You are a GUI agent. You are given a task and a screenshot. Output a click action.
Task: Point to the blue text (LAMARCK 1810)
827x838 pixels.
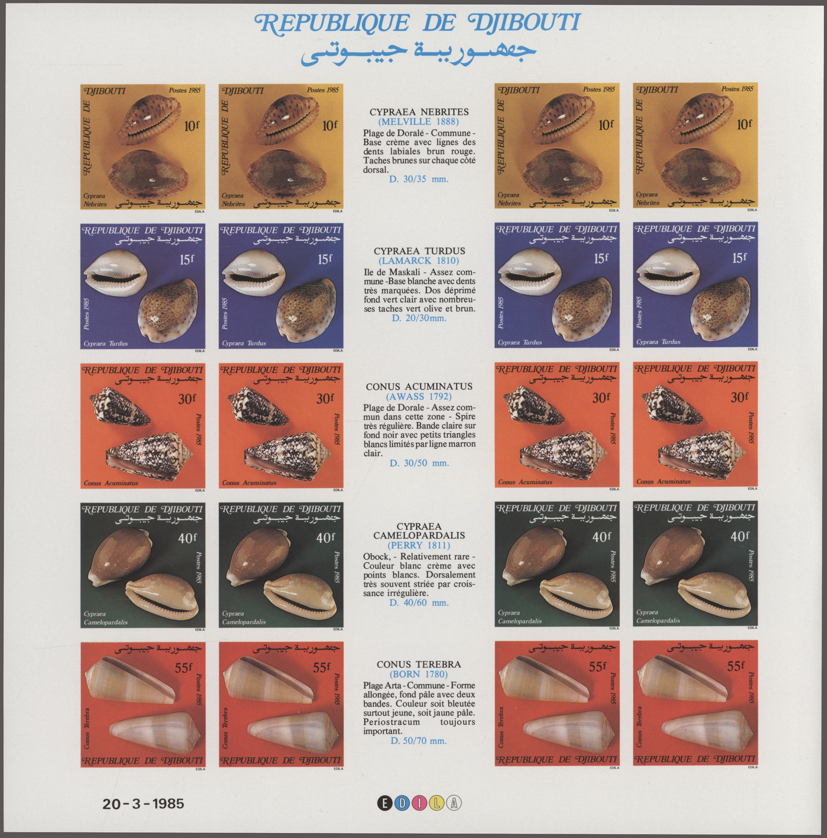pos(419,261)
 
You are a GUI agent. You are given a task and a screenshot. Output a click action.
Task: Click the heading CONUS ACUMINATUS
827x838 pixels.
pos(419,387)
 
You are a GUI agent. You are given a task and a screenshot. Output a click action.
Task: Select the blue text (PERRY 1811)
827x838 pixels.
pos(419,545)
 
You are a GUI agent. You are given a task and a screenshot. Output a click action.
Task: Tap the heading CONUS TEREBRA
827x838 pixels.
pos(419,664)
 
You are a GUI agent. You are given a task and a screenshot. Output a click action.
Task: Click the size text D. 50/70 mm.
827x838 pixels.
pos(419,741)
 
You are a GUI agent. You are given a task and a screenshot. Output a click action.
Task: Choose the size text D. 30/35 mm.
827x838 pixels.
pos(419,179)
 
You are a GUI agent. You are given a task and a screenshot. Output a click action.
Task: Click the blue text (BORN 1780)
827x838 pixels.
pos(419,674)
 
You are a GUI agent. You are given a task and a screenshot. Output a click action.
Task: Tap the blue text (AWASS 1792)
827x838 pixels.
pos(419,396)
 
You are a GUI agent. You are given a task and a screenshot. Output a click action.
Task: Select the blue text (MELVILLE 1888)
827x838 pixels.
pos(419,122)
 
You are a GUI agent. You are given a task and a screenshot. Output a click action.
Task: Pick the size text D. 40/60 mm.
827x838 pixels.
pos(419,603)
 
